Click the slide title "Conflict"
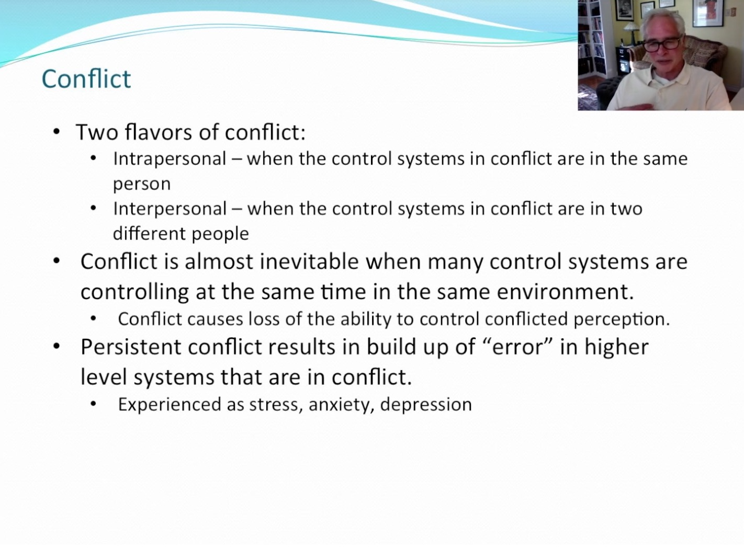pos(86,79)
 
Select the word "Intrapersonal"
pos(170,159)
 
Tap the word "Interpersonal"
pos(170,209)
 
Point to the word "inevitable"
pos(309,261)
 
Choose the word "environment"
pos(565,292)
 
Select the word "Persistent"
pos(131,347)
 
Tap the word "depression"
pos(426,405)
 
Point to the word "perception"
pos(621,319)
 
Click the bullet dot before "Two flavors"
pos(57,132)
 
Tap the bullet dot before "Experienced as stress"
pos(93,405)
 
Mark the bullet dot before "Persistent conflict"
pos(57,346)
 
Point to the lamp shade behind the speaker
pos(633,27)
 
